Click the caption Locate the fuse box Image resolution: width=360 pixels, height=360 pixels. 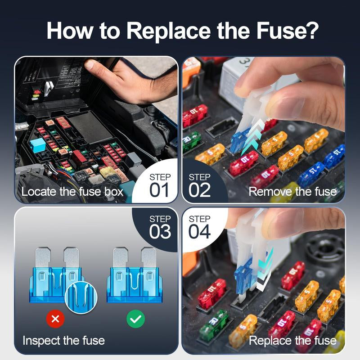click(x=72, y=192)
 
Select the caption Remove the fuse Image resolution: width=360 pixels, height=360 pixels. click(x=292, y=192)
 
